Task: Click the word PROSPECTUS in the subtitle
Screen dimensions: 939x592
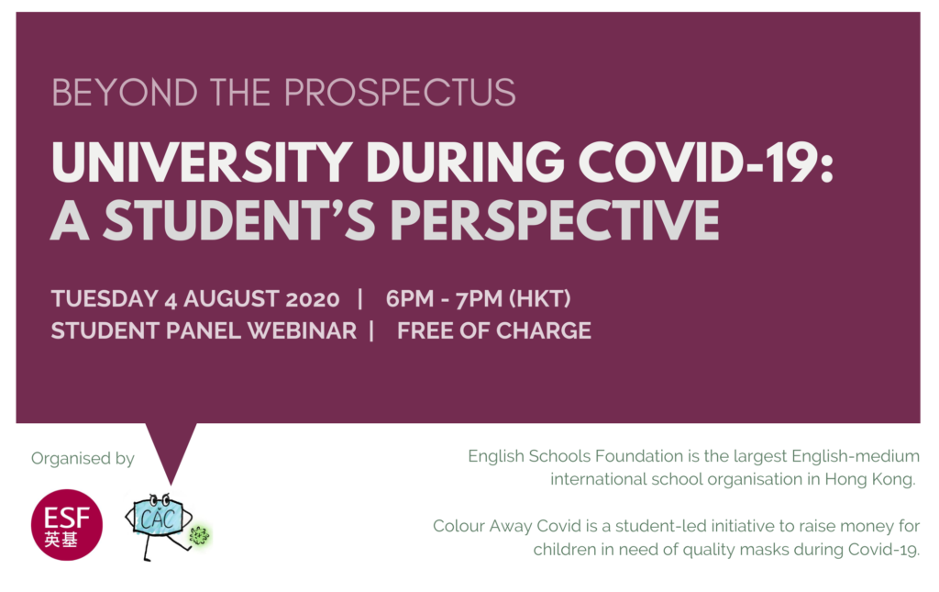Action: (400, 93)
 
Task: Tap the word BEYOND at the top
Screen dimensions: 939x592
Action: (125, 93)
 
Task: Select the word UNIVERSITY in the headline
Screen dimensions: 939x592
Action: (202, 162)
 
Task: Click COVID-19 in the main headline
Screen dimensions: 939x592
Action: (705, 162)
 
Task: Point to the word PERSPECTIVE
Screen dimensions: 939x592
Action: (555, 220)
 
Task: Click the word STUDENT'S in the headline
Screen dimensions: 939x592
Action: (239, 220)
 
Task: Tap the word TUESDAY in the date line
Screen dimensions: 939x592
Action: (105, 298)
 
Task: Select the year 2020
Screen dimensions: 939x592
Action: (313, 298)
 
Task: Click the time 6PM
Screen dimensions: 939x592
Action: (410, 298)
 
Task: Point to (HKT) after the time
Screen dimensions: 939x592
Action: (539, 298)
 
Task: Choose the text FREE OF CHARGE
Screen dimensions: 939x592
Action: (494, 330)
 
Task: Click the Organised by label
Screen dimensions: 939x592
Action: (83, 458)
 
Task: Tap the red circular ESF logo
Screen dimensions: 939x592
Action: (67, 525)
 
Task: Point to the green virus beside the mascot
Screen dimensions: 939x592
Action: (199, 535)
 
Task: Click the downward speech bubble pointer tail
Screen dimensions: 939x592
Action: (171, 452)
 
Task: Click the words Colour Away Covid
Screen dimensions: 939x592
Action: (506, 526)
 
